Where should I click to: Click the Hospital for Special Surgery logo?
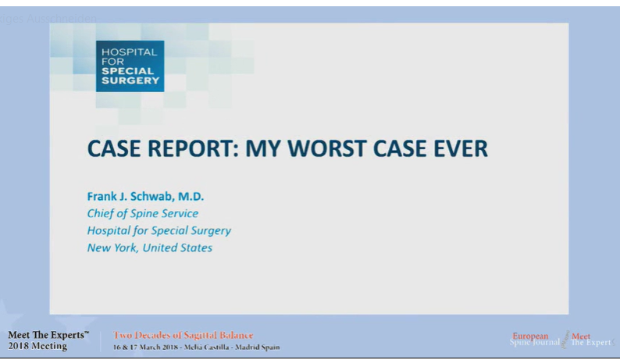[x=130, y=66]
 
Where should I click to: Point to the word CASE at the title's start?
[x=111, y=148]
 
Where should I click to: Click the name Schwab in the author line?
[x=153, y=196]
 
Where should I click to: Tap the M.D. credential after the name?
[x=192, y=196]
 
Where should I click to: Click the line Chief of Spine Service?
[x=142, y=213]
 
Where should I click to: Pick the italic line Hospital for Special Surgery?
[x=159, y=230]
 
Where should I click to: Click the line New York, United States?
[x=149, y=248]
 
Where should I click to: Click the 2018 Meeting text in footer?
[x=37, y=346]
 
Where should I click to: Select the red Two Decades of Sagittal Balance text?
[x=184, y=335]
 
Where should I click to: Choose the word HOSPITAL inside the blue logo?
[x=130, y=52]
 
